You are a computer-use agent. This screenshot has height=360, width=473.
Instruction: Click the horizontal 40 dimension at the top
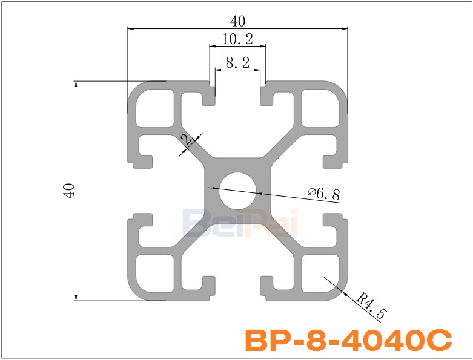click(x=238, y=21)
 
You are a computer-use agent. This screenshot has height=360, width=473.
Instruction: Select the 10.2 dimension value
click(x=237, y=39)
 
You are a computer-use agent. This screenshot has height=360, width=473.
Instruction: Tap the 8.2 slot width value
click(x=237, y=62)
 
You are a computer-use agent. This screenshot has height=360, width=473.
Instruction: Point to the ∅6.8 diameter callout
click(x=324, y=194)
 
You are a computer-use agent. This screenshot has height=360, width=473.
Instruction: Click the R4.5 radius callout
click(x=370, y=306)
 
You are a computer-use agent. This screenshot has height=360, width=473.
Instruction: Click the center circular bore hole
click(x=238, y=190)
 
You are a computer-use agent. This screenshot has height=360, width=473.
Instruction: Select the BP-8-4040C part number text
click(x=348, y=341)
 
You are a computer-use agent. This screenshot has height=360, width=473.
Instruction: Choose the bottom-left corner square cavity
click(x=154, y=273)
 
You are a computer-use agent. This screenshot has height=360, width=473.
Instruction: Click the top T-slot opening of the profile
click(x=238, y=91)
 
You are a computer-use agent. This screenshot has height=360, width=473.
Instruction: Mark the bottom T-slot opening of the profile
click(x=238, y=289)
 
